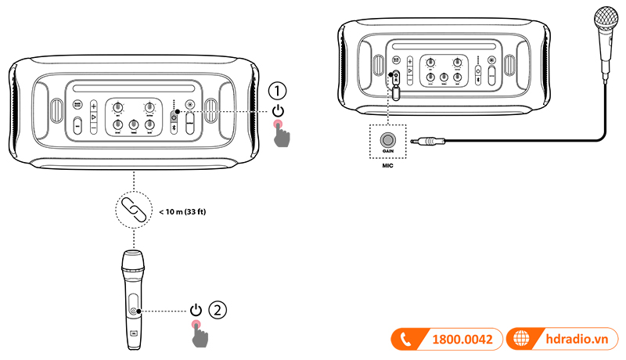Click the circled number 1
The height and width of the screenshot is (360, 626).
(279, 88)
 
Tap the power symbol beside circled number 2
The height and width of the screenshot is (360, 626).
(196, 309)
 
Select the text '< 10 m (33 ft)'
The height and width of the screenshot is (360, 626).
(183, 211)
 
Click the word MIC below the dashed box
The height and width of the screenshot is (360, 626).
(387, 165)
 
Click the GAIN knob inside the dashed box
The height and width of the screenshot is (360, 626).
(387, 142)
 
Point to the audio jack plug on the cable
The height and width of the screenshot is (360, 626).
(430, 142)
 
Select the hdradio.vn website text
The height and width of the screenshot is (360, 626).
(577, 340)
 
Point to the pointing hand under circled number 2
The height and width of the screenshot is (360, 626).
(200, 334)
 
